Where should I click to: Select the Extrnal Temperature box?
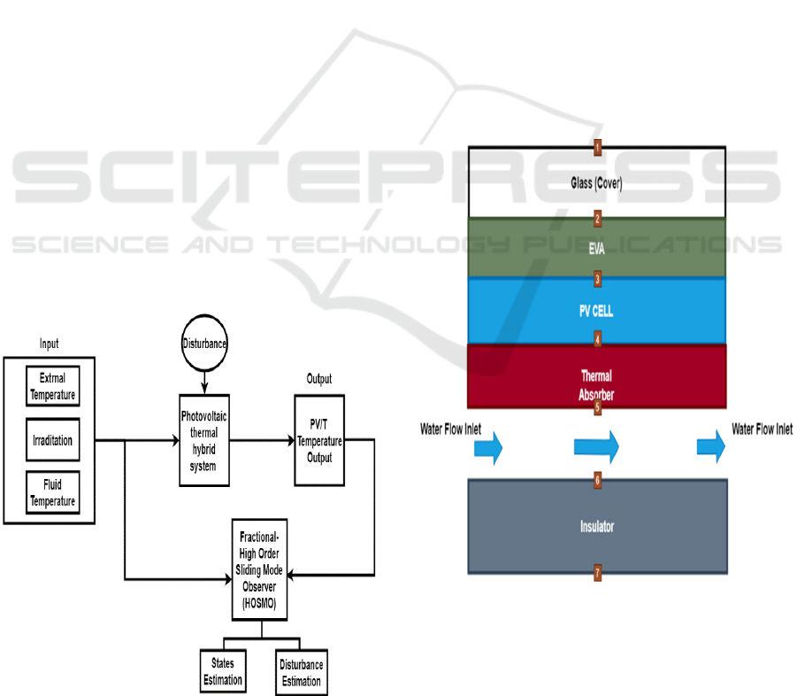(x=53, y=388)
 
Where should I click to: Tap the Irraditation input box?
(x=53, y=439)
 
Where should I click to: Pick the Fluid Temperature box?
(x=53, y=492)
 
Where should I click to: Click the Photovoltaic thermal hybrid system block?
(x=203, y=440)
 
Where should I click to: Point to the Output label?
(x=319, y=379)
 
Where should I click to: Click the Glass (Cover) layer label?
(x=597, y=183)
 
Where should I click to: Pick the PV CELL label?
(x=597, y=312)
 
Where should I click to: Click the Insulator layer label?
(x=597, y=527)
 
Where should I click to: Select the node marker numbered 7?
(x=597, y=574)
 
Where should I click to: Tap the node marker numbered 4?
(x=597, y=339)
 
